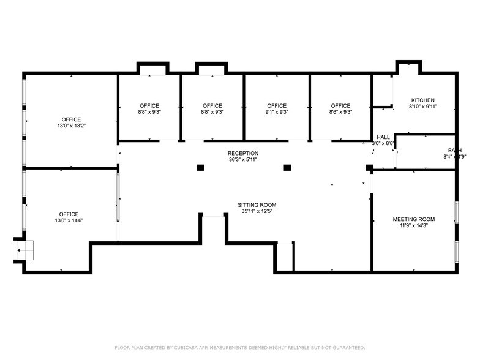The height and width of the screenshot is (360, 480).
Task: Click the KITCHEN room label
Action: coord(422,100)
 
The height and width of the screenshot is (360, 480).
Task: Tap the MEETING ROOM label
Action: coord(413,219)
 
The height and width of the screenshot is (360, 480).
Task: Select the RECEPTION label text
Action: coord(243,153)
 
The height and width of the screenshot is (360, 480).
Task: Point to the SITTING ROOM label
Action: coord(257,205)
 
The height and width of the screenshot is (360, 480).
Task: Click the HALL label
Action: coord(383,137)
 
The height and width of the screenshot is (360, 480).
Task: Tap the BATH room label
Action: coord(454,151)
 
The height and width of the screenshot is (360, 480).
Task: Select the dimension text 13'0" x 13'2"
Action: coord(71,126)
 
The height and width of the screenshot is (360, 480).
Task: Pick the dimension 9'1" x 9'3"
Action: coord(277,112)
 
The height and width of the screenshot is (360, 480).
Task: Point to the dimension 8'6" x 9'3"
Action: coord(340,112)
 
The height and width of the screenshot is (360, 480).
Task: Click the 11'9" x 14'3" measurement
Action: coord(413,226)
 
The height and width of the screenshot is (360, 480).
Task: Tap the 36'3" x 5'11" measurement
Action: coord(243,160)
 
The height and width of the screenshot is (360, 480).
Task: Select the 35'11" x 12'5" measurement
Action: coord(257,212)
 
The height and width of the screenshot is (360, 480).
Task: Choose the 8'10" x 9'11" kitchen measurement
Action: coord(422,107)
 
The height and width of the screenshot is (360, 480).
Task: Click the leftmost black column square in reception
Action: coord(200,167)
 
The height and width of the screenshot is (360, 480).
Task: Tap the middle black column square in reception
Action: coord(287,167)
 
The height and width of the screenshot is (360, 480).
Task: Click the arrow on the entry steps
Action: coord(21,250)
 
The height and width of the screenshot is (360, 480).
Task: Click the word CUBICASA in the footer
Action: coord(186,347)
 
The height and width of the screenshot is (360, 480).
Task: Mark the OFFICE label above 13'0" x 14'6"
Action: coord(71,214)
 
